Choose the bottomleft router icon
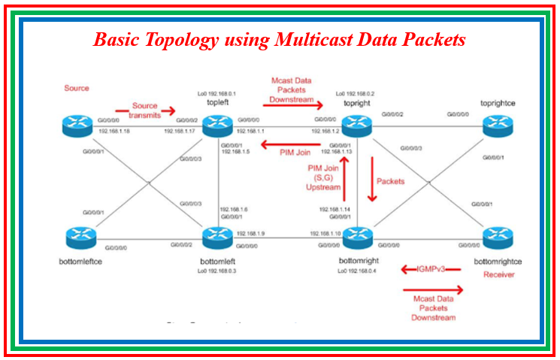(x=217, y=238)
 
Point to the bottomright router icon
(x=357, y=238)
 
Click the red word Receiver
(x=498, y=275)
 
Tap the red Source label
(x=77, y=89)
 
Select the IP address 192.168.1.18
(x=114, y=131)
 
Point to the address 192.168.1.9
(x=250, y=234)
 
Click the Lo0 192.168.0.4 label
(x=357, y=270)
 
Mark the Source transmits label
(x=145, y=110)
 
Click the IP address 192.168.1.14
(x=334, y=209)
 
